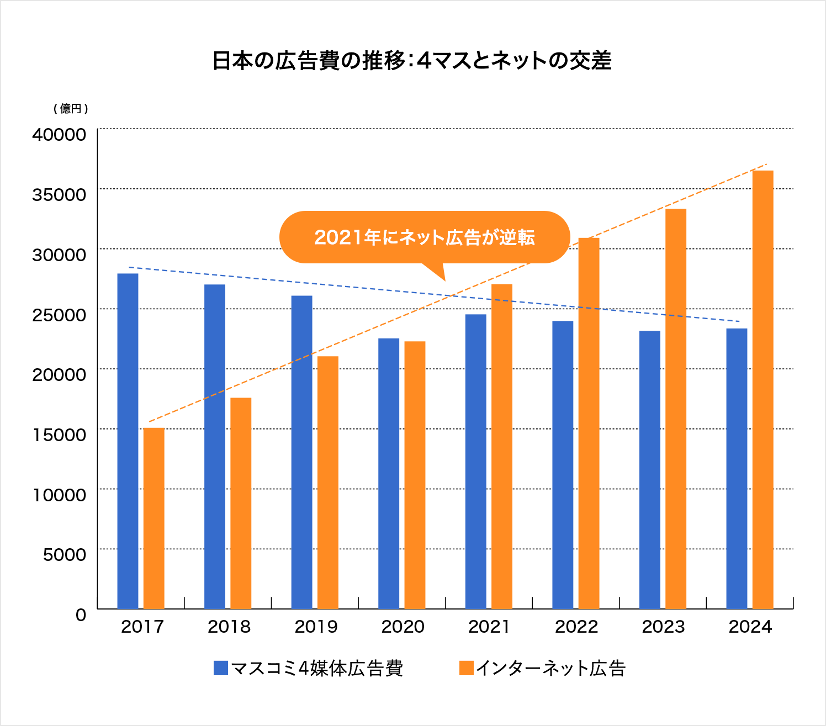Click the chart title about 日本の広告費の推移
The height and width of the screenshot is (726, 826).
click(412, 61)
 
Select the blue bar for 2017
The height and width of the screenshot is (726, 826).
click(128, 441)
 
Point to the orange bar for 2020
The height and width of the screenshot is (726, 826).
click(415, 475)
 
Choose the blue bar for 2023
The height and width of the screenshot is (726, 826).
click(649, 469)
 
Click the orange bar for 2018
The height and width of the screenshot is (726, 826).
click(241, 503)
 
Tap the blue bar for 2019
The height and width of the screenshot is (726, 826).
click(301, 452)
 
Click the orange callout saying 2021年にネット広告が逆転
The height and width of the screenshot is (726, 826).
click(424, 237)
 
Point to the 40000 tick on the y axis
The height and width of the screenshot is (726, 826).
click(59, 134)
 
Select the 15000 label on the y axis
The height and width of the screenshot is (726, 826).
click(59, 434)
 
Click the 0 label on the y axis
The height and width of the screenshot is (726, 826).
click(81, 614)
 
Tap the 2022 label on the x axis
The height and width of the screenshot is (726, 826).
click(576, 627)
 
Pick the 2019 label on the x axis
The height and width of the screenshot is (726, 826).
click(316, 627)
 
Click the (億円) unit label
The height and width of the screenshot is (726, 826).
click(71, 109)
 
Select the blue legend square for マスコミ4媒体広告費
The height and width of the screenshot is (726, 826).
click(221, 668)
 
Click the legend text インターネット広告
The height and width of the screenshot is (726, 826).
click(550, 669)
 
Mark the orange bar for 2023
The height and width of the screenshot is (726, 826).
click(676, 409)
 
